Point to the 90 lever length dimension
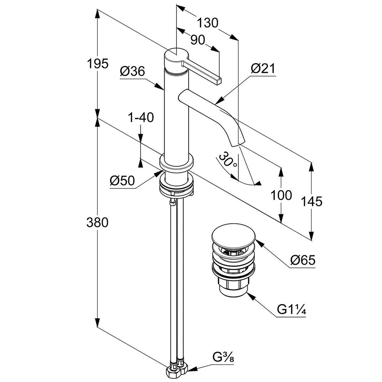tap(197, 40)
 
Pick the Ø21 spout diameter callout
tap(263, 69)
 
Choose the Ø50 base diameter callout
tap(122, 181)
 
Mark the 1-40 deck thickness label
tap(141, 117)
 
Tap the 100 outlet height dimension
tap(281, 195)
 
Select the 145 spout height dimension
tap(312, 201)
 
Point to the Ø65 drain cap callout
tap(303, 261)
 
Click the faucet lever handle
tap(202, 72)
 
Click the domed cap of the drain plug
tap(231, 236)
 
